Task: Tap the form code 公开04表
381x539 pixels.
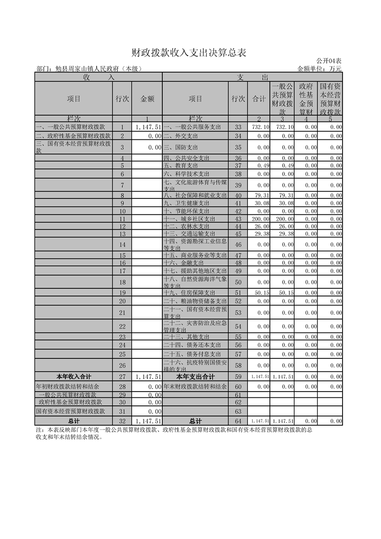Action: (329, 61)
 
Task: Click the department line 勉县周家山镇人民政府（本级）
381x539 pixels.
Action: (89, 69)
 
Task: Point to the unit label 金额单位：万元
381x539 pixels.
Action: (320, 69)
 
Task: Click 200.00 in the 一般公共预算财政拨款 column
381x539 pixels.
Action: (282, 219)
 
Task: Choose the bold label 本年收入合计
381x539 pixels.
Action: (74, 377)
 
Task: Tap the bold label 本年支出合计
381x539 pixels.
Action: (195, 377)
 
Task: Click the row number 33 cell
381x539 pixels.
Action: (238, 127)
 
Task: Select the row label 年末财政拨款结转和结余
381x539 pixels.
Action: (195, 386)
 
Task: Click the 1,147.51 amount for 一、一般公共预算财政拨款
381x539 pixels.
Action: (147, 127)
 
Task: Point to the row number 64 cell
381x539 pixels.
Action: (238, 421)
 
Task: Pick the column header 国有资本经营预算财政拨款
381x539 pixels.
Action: (331, 98)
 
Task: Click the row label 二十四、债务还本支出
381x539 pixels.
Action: (192, 345)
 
